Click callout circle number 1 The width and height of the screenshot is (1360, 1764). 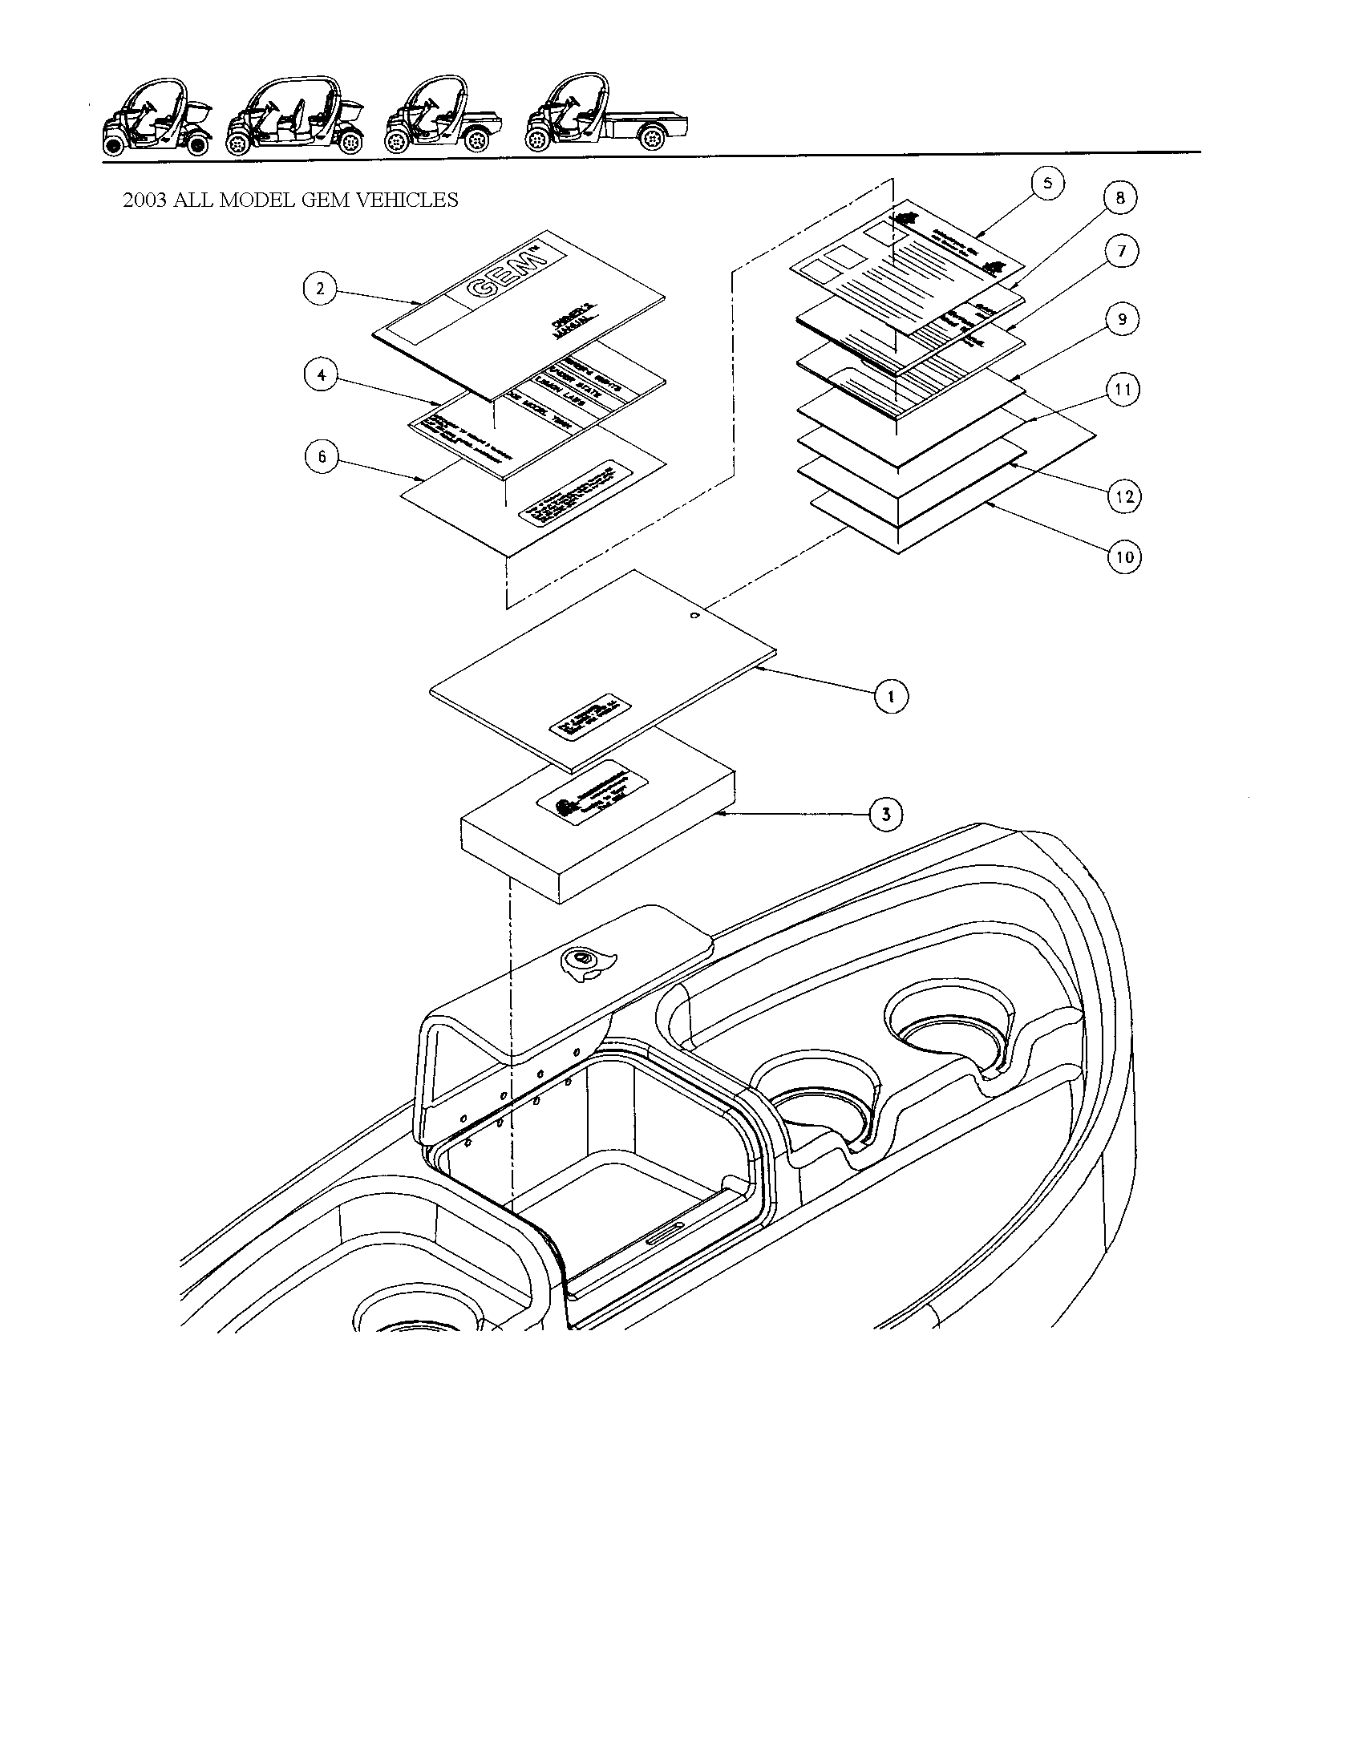pyautogui.click(x=891, y=696)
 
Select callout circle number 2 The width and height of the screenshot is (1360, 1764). pyautogui.click(x=321, y=289)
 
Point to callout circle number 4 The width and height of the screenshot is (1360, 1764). pyautogui.click(x=321, y=375)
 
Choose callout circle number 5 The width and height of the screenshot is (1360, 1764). pyautogui.click(x=1047, y=184)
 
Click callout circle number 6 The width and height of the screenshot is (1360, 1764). pyautogui.click(x=322, y=457)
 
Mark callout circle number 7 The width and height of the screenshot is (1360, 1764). pyautogui.click(x=1122, y=251)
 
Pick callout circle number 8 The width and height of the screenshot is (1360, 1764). pyautogui.click(x=1120, y=198)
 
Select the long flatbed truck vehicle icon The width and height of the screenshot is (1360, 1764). pyautogui.click(x=607, y=115)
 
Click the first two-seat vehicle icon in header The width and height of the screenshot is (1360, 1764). pyautogui.click(x=156, y=115)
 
